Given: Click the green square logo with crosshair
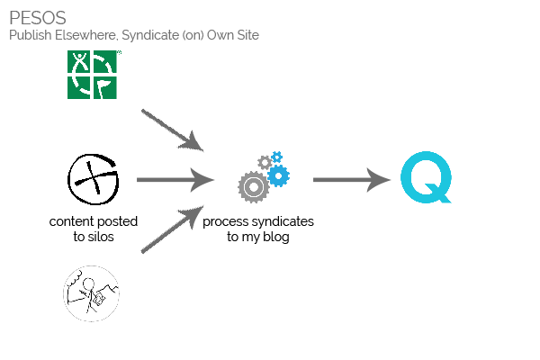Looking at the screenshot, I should [x=94, y=75].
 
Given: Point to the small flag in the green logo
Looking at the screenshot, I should [x=106, y=87].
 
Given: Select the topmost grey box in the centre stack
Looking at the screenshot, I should [x=173, y=130].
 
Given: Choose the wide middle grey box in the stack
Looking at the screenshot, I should [x=175, y=180].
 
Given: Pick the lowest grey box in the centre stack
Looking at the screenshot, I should [x=172, y=229].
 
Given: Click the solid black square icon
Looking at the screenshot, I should [x=93, y=179].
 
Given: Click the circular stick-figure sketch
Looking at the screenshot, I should [x=91, y=293].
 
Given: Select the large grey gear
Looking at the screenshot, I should [x=253, y=186].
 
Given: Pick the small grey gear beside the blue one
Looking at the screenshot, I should [x=264, y=162].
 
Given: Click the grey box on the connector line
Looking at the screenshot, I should [x=361, y=180].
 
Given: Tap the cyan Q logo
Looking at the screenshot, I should [x=426, y=177].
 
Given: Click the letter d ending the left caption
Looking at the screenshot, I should [x=133, y=221].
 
